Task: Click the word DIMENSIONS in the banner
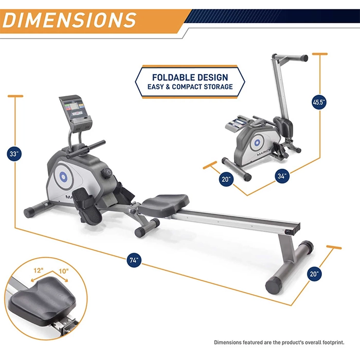pyautogui.click(x=69, y=20)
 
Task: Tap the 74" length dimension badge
pyautogui.click(x=134, y=260)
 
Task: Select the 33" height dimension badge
pyautogui.click(x=14, y=154)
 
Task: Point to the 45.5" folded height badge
pyautogui.click(x=319, y=102)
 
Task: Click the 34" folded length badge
pyautogui.click(x=282, y=176)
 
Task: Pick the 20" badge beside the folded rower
pyautogui.click(x=226, y=179)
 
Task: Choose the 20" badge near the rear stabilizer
pyautogui.click(x=314, y=274)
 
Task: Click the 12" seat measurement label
pyautogui.click(x=39, y=271)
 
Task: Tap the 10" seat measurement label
pyautogui.click(x=64, y=271)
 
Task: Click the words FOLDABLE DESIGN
pyautogui.click(x=190, y=77)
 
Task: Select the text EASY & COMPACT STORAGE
pyautogui.click(x=190, y=87)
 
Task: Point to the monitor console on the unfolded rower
pyautogui.click(x=75, y=113)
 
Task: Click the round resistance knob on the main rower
pyautogui.click(x=106, y=172)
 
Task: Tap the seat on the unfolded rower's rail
pyautogui.click(x=164, y=204)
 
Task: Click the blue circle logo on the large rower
pyautogui.click(x=63, y=176)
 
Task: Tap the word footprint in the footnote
pyautogui.click(x=333, y=343)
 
